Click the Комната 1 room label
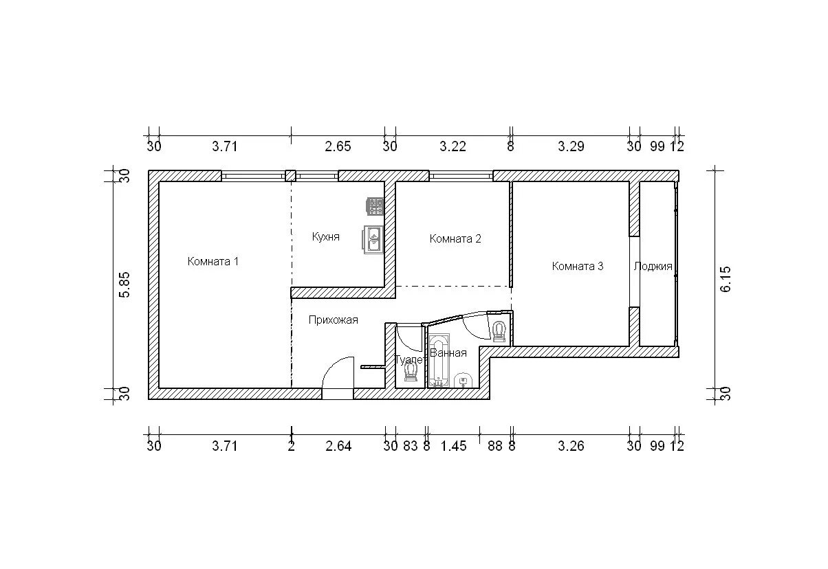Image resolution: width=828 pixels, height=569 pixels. point(213,262)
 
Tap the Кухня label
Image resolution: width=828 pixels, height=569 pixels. point(326,236)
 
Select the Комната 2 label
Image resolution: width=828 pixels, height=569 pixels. point(455,238)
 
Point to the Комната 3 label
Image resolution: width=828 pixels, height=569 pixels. point(578,266)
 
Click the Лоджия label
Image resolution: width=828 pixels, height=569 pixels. point(653,267)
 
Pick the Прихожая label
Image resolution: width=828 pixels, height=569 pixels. point(334,320)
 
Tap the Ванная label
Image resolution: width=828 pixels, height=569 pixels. point(448,353)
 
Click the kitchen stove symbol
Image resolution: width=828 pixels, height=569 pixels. point(375,207)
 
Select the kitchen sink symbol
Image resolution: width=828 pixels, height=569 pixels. point(373,239)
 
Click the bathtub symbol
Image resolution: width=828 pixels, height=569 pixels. point(439,361)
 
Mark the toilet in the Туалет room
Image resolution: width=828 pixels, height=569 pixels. point(411,372)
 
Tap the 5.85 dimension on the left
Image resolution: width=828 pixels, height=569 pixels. point(124,284)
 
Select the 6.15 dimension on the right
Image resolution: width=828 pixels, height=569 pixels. point(726,279)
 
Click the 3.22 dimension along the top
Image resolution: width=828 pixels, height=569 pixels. point(453,146)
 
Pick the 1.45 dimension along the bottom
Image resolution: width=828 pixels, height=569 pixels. point(454,446)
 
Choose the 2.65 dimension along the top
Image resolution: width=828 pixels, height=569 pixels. point(338,146)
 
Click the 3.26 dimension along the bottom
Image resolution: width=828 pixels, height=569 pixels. point(571,446)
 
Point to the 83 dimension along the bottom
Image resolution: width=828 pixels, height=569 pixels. point(411,446)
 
